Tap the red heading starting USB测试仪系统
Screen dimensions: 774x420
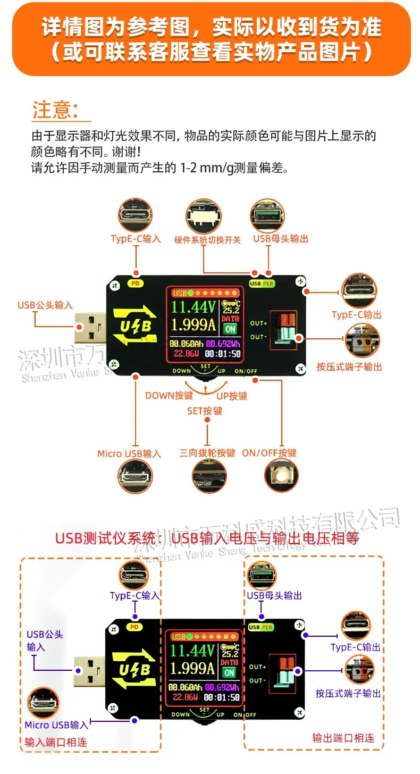coord(207,538)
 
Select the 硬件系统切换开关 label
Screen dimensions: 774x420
coord(207,240)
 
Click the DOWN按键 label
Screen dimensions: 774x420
coord(169,396)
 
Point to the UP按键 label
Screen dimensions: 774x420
coord(232,396)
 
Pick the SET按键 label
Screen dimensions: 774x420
coord(205,411)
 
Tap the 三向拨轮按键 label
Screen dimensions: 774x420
coord(207,453)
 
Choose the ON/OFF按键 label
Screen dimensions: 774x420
coord(269,453)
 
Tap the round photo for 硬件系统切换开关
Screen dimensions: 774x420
coord(203,217)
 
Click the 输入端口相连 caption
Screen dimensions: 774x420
coord(56,742)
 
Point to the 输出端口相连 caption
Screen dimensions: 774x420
coord(343,738)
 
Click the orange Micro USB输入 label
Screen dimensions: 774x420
coord(129,454)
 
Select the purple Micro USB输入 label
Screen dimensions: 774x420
coord(57,725)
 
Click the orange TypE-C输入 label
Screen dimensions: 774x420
coord(136,239)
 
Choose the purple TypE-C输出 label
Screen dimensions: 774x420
coord(356,647)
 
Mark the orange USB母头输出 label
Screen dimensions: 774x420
coord(281,239)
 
